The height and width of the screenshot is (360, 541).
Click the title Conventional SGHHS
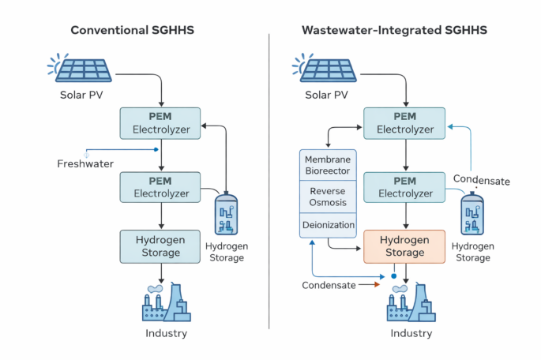click(132, 30)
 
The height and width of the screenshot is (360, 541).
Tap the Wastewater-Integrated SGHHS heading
click(394, 30)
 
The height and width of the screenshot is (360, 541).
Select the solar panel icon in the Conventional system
click(79, 68)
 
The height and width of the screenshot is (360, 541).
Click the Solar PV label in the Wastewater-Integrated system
click(326, 95)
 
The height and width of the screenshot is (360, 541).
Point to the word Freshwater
click(85, 163)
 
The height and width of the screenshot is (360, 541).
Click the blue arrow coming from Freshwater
click(122, 150)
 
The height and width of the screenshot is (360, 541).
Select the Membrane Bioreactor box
click(328, 165)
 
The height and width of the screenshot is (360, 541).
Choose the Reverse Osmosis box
click(328, 197)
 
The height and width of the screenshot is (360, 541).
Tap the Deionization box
click(328, 225)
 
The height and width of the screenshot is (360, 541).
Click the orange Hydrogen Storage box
click(404, 246)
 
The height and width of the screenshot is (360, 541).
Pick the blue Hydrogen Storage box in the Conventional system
click(160, 246)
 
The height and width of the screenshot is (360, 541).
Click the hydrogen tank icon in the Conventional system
click(226, 214)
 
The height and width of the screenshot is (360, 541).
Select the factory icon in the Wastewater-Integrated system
click(411, 302)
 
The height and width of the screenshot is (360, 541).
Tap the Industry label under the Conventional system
click(167, 333)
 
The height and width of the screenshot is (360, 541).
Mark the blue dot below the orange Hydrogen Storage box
click(393, 276)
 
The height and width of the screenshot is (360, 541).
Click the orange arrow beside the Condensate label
click(369, 285)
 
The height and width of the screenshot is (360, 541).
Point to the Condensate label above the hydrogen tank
click(481, 180)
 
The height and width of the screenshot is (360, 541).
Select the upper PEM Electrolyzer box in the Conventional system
click(160, 123)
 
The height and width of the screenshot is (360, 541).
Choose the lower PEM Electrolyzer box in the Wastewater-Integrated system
click(404, 187)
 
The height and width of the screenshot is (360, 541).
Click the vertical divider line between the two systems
click(269, 182)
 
